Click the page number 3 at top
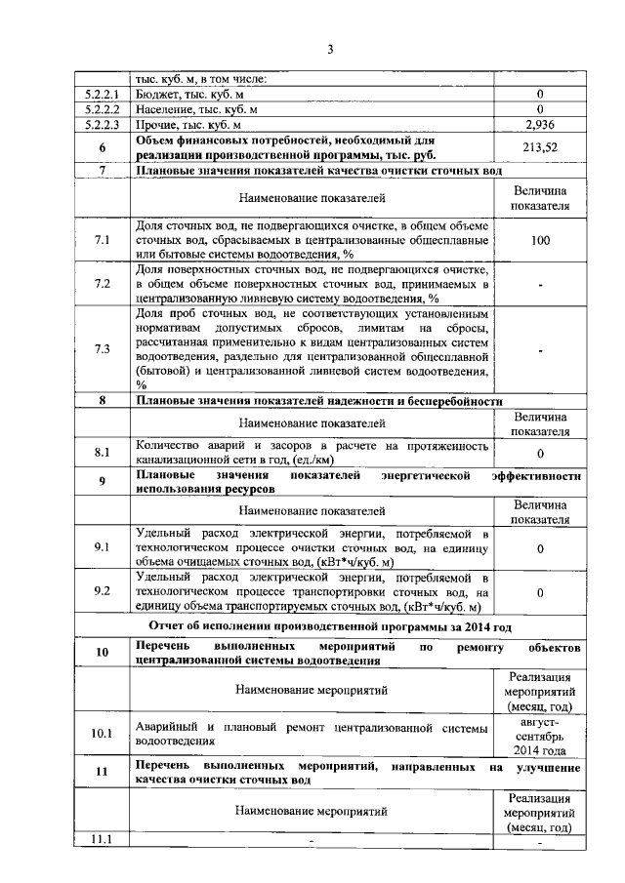[331, 50]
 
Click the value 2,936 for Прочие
[540, 125]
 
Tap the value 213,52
[540, 147]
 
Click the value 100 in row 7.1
[540, 240]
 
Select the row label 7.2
[102, 284]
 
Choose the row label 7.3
[102, 350]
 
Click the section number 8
[102, 401]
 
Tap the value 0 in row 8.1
[540, 454]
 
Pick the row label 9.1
[102, 548]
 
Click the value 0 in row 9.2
[540, 592]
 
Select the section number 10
[102, 653]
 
